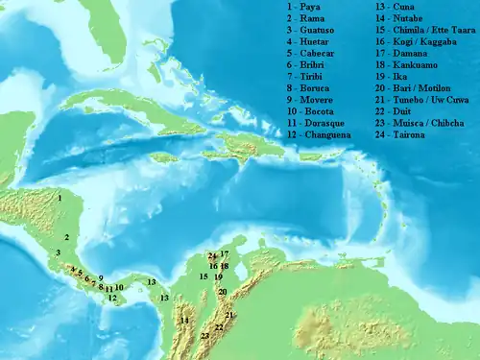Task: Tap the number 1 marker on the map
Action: (60, 198)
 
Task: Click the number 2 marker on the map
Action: (67, 237)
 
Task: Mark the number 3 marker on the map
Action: (59, 253)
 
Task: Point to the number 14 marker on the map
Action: (184, 321)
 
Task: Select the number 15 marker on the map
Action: (204, 276)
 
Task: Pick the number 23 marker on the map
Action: (205, 336)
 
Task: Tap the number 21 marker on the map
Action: (229, 315)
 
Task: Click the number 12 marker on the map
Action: (112, 299)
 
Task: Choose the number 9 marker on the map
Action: (100, 277)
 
